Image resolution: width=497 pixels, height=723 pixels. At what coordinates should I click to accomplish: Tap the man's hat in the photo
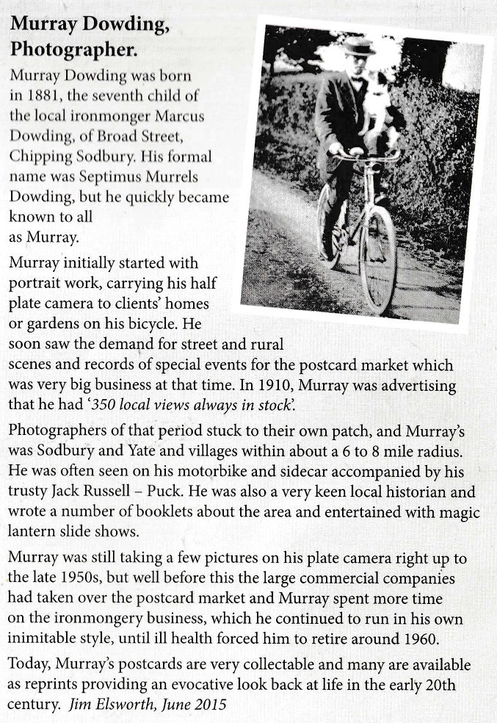click(x=359, y=46)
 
